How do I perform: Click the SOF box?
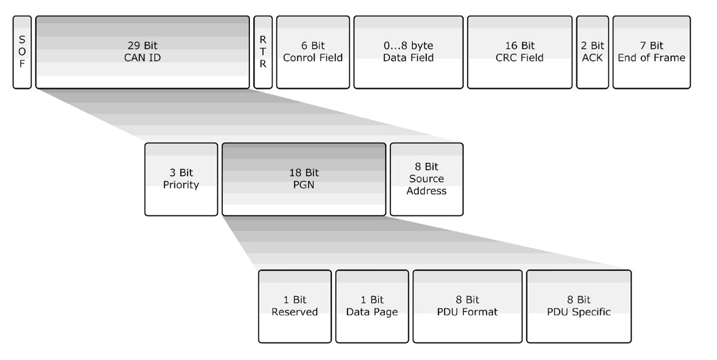pos(22,52)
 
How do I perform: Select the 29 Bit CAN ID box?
pos(143,52)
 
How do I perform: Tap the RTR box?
pos(263,52)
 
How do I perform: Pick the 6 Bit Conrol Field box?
pos(313,52)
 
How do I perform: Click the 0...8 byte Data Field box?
pos(408,52)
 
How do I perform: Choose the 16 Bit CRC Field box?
pos(519,52)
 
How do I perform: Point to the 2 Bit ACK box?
pos(592,52)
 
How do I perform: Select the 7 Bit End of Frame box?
pos(651,52)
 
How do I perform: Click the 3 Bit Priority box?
pos(181,179)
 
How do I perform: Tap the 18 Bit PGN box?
pos(304,179)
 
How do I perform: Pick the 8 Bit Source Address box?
pos(426,179)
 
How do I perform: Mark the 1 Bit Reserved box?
pos(295,306)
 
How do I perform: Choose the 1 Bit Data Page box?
pos(372,306)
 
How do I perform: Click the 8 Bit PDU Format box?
pos(467,306)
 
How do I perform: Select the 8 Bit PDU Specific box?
pos(578,306)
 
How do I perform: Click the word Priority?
pos(181,185)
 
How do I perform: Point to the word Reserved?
pos(295,312)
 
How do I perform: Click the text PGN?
pos(304,185)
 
